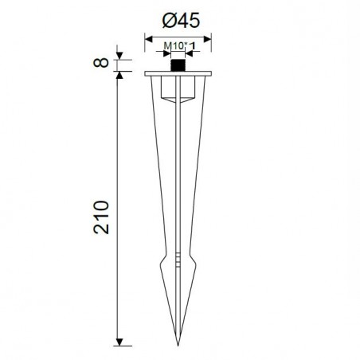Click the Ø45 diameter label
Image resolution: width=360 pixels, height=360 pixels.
click(x=181, y=21)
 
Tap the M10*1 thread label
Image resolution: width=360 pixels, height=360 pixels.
click(x=179, y=46)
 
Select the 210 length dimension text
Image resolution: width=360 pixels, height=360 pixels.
click(x=101, y=217)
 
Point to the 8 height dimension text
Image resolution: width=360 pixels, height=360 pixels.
click(x=101, y=63)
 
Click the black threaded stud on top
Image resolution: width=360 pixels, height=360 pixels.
click(x=178, y=65)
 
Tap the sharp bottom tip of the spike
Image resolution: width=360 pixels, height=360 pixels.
click(x=178, y=346)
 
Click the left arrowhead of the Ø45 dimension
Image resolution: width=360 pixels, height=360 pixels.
click(x=149, y=39)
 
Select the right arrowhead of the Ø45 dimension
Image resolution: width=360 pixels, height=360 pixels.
click(x=207, y=39)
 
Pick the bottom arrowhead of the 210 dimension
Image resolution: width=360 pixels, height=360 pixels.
click(x=119, y=342)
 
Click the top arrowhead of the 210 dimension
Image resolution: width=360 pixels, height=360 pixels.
click(x=119, y=75)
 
